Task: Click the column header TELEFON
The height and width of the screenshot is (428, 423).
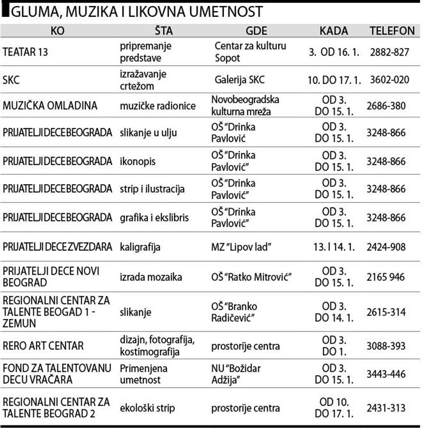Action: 392,31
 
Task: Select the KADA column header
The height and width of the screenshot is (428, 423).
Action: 334,31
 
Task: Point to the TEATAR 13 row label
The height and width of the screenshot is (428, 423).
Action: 25,52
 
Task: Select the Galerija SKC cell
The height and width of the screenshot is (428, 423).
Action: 240,80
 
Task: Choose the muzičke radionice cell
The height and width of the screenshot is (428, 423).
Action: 158,106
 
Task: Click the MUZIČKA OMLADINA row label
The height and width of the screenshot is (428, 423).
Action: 50,106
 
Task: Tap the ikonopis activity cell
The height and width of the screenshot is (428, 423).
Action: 137,162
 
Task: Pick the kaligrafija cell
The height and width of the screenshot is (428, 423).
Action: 140,247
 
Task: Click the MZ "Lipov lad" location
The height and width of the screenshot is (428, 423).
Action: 244,247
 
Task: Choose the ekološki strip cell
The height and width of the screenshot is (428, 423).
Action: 147,408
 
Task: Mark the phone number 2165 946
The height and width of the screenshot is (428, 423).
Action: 386,277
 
